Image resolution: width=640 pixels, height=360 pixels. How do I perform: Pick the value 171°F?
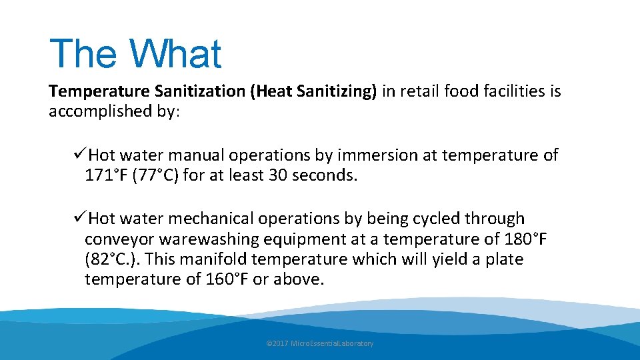[107, 176]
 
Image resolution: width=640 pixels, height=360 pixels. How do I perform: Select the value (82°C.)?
[111, 259]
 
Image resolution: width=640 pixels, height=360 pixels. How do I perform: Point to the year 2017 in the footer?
[281, 343]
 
